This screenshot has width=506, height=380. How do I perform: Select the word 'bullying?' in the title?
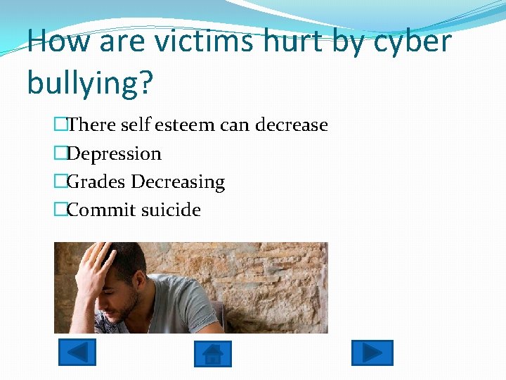click(90, 83)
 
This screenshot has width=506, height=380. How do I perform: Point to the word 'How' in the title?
click(58, 42)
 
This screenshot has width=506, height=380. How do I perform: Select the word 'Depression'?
click(114, 154)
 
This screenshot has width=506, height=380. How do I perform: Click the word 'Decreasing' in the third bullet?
click(179, 182)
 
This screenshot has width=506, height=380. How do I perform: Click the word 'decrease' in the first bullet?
click(292, 125)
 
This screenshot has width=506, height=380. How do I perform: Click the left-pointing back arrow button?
click(77, 352)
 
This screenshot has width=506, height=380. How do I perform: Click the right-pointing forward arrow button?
click(372, 353)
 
